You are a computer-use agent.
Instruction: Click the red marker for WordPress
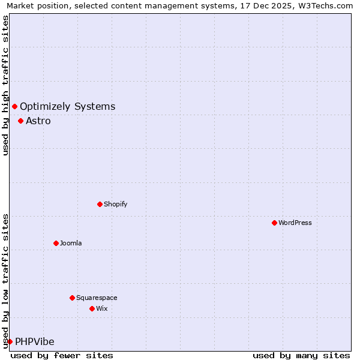click(x=274, y=223)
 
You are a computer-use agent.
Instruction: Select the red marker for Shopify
click(x=100, y=204)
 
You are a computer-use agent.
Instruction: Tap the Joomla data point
click(x=56, y=243)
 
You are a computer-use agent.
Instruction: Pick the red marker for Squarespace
click(x=72, y=298)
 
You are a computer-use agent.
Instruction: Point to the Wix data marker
click(x=92, y=308)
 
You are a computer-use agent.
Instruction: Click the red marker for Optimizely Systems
click(x=14, y=106)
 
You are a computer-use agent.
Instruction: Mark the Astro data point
click(x=20, y=121)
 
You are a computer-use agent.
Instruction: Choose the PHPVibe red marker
click(x=10, y=341)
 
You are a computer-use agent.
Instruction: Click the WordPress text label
click(x=295, y=223)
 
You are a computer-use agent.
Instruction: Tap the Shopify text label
click(x=116, y=204)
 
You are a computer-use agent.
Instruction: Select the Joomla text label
click(x=71, y=243)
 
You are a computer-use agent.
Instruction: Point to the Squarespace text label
click(x=97, y=298)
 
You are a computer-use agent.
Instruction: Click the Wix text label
click(x=101, y=308)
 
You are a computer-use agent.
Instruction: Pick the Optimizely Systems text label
click(x=67, y=106)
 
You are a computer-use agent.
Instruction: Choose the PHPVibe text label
click(x=34, y=341)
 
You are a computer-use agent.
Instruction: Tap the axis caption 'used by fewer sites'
click(x=62, y=355)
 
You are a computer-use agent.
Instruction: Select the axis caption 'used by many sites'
click(x=301, y=355)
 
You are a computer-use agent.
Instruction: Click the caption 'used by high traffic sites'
click(x=5, y=85)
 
